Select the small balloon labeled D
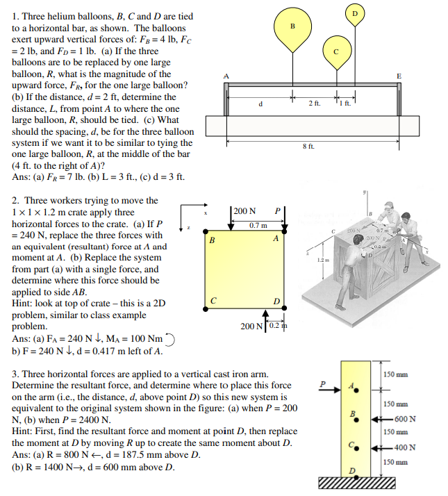click(x=355, y=13)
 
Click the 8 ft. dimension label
click(x=308, y=147)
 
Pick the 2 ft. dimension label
click(x=313, y=104)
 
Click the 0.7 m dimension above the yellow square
click(x=258, y=226)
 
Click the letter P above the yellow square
click(x=277, y=211)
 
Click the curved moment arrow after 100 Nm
click(x=174, y=339)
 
